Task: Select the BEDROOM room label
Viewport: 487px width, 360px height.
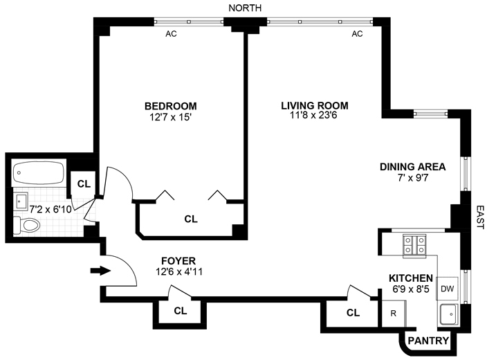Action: [170, 106]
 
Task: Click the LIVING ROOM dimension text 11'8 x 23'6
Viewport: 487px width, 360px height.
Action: [314, 118]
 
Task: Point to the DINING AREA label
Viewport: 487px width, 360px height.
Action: [412, 166]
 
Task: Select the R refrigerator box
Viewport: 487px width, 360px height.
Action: [393, 313]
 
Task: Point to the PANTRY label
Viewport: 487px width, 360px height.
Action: [428, 341]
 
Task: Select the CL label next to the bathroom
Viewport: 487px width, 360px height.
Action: [84, 183]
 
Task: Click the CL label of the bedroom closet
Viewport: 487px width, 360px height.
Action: [190, 219]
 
